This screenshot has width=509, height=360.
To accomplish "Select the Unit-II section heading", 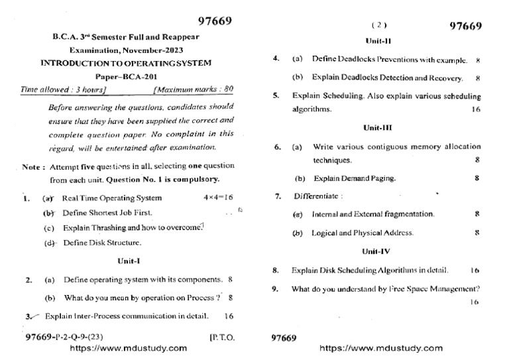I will [375, 40].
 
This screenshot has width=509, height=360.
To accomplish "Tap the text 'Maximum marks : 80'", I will [193, 88].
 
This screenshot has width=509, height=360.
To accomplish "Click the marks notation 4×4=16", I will [219, 198].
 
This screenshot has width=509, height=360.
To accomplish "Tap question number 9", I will [275, 288].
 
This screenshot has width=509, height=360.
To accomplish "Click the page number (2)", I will [378, 25].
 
